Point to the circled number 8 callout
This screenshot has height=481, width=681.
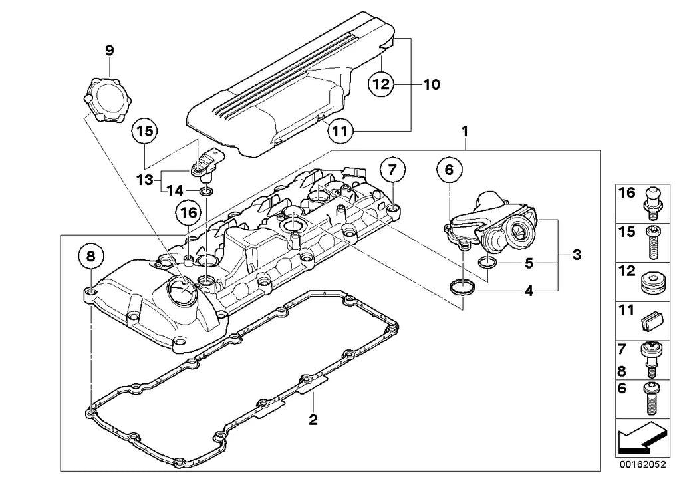[91, 256]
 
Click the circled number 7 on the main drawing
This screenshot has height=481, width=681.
[392, 170]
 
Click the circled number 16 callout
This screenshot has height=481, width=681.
[188, 214]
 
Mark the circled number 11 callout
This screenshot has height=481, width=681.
[339, 132]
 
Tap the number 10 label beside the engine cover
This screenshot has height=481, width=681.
[431, 84]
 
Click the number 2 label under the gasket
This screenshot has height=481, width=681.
[313, 420]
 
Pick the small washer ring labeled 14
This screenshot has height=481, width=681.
[207, 193]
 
